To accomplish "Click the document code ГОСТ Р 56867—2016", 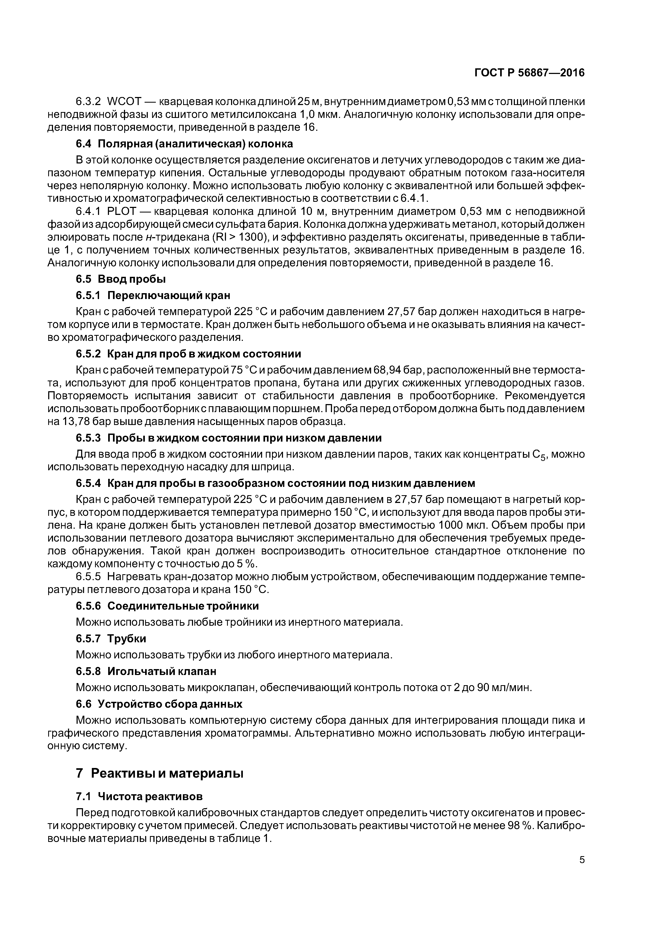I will pyautogui.click(x=529, y=73).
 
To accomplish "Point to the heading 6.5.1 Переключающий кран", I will pyautogui.click(x=153, y=295).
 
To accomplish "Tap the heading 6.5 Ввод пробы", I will pyautogui.click(x=121, y=279).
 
